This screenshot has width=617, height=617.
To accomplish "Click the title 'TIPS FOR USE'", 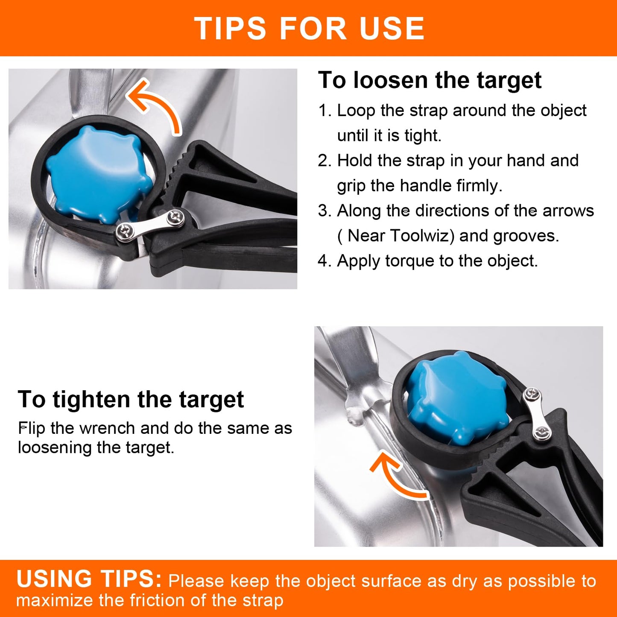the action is click(309, 29).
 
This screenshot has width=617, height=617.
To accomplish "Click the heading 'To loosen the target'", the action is click(430, 80).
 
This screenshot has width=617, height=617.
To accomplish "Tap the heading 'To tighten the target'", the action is click(131, 400).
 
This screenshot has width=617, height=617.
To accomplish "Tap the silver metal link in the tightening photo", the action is click(536, 414).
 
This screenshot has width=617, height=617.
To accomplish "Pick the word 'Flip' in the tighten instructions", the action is click(32, 429).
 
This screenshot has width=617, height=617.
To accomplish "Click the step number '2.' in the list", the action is click(325, 161).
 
